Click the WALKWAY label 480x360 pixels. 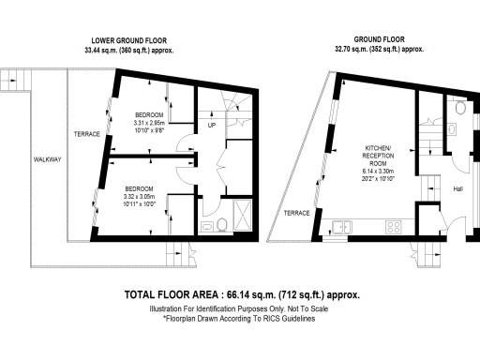click(x=47, y=159)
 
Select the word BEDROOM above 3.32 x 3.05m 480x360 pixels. click(x=139, y=187)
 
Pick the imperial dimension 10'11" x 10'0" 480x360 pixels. click(x=139, y=203)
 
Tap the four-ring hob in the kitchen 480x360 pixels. click(x=395, y=226)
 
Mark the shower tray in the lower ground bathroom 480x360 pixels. click(x=241, y=215)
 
